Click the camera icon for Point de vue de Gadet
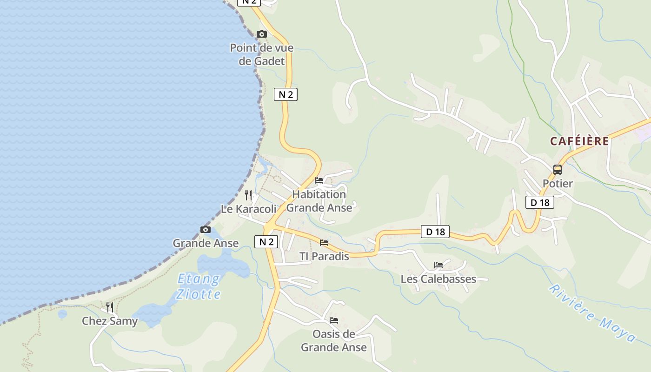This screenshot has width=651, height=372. [262, 34]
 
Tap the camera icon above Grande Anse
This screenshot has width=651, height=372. [205, 229]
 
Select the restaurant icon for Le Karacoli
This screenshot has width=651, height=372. [248, 195]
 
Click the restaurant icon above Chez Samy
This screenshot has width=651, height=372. [110, 307]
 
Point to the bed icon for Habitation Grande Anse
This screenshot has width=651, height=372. [319, 180]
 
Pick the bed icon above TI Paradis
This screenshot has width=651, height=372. [324, 243]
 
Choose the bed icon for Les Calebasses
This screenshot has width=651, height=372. [438, 265]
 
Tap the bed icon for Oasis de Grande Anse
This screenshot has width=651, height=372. [333, 320]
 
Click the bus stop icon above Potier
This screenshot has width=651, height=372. [558, 170]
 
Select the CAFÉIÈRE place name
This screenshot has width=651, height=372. [579, 141]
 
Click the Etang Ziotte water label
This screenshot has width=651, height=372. [199, 286]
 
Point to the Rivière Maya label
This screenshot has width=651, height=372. [592, 313]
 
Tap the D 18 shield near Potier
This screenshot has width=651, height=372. [540, 202]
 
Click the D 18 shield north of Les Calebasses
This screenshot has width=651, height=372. [435, 232]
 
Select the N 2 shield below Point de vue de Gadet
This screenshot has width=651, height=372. [286, 94]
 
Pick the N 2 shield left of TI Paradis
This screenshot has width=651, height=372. [266, 242]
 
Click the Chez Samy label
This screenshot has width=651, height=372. [110, 321]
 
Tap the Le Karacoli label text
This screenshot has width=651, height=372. [248, 209]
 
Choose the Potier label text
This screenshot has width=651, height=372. [558, 184]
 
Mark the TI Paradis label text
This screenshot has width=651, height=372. [324, 256]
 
